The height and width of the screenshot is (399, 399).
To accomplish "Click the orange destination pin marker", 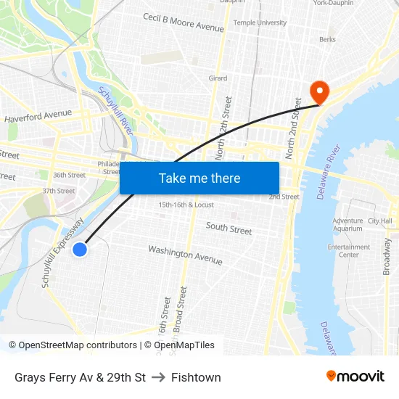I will (318, 91).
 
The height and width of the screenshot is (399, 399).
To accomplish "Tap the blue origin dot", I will (80, 250).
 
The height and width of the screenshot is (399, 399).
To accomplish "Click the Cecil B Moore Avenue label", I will (183, 22).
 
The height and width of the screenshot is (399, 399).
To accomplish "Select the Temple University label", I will (260, 22).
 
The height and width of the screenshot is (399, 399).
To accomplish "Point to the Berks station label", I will (327, 40).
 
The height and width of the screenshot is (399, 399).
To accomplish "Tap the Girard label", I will (218, 78).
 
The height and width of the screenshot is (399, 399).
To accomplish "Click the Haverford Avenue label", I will (38, 115).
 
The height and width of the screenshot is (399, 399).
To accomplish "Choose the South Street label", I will (229, 229).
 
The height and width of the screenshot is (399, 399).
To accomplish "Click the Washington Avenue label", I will (185, 255).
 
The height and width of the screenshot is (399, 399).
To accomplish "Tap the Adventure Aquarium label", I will (347, 224).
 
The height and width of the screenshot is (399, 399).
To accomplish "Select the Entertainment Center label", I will (348, 251).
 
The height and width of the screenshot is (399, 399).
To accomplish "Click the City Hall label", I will (379, 221).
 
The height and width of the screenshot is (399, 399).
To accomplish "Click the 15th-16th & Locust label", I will (186, 205).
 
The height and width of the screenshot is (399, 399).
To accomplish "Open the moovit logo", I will (355, 377).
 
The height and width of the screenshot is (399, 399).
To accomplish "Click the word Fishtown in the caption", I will (196, 377).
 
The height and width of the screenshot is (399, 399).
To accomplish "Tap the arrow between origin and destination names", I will (158, 377).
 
